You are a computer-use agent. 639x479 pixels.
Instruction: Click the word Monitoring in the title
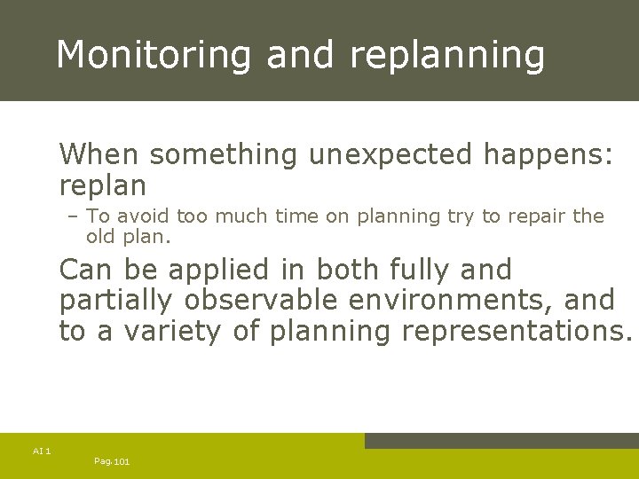154,55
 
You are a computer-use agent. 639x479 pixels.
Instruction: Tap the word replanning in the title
447,55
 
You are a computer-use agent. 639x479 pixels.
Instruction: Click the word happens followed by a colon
548,154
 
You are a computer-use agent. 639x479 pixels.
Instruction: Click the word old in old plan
101,238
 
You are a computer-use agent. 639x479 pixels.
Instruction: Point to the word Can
86,270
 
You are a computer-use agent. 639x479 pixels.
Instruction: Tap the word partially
115,301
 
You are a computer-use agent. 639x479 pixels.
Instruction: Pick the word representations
517,332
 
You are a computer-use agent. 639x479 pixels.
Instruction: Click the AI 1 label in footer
42,452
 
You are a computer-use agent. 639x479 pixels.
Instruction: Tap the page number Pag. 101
112,461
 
